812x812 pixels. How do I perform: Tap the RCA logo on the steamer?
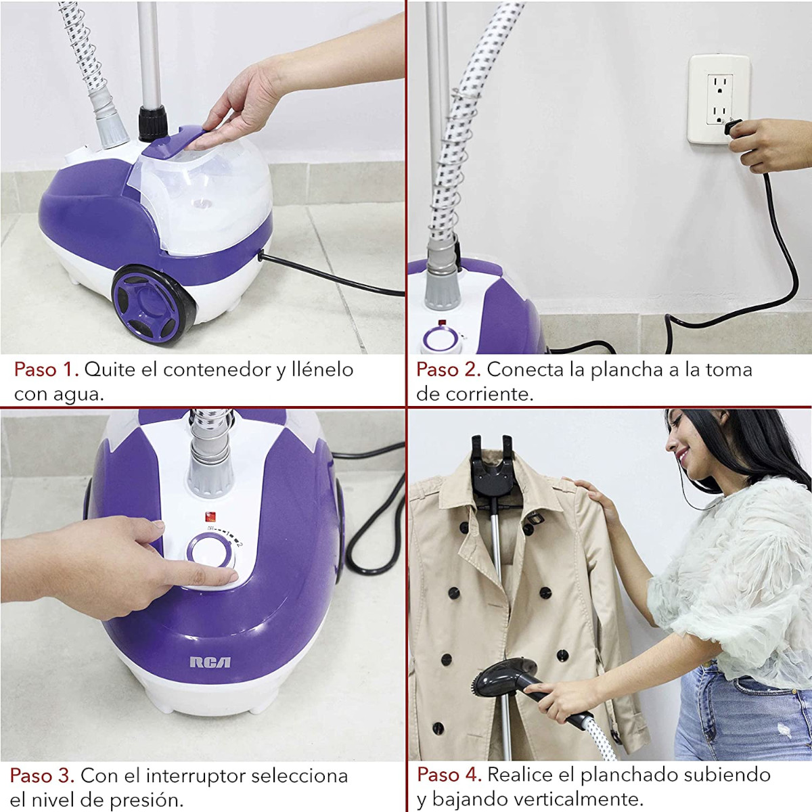pos(210,662)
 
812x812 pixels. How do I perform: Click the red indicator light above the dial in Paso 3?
pos(210,517)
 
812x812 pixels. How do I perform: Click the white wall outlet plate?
pos(719,99)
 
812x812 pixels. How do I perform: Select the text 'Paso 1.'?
pos(47,369)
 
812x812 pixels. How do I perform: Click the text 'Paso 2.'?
pos(449,369)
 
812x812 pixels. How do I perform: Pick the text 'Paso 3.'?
pos(42,763)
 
